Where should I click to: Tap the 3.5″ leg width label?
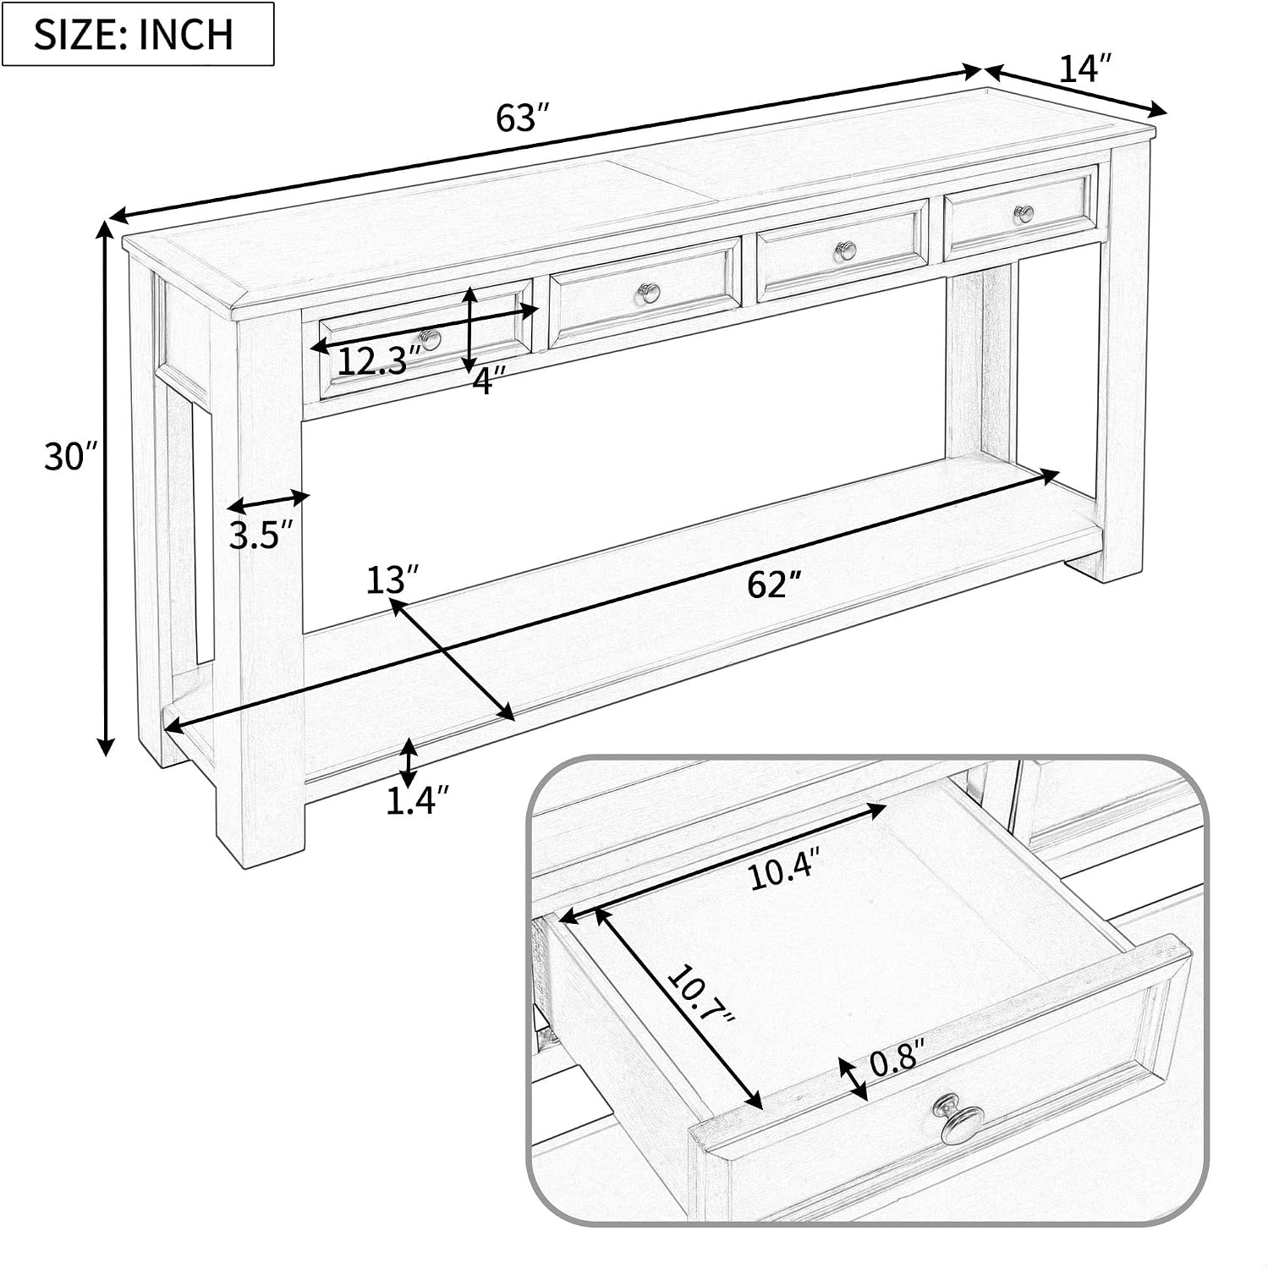(x=261, y=536)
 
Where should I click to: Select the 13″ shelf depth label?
(x=392, y=580)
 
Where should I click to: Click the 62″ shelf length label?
(x=773, y=584)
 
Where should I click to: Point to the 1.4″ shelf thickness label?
(x=416, y=799)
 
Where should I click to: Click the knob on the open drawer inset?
(x=957, y=1119)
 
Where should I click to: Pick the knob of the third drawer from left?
(x=846, y=250)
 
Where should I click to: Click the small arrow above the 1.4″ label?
(x=409, y=761)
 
